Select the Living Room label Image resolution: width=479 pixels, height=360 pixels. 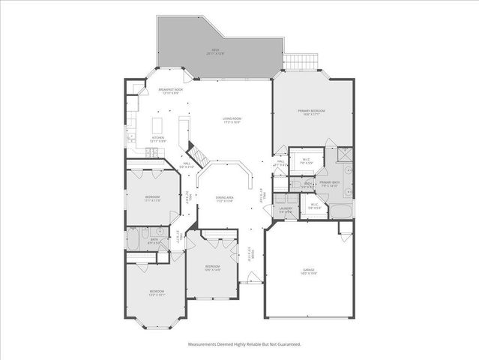tap(231, 120)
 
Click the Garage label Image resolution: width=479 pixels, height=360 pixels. tap(309, 271)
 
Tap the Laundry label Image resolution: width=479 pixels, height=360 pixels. tap(286, 211)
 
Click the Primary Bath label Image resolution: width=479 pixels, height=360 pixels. tap(330, 184)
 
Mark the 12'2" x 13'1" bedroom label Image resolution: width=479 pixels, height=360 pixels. tap(156, 292)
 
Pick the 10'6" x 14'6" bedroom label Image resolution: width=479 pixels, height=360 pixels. tap(213, 268)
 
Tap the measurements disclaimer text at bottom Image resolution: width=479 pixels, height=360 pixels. tap(244, 344)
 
